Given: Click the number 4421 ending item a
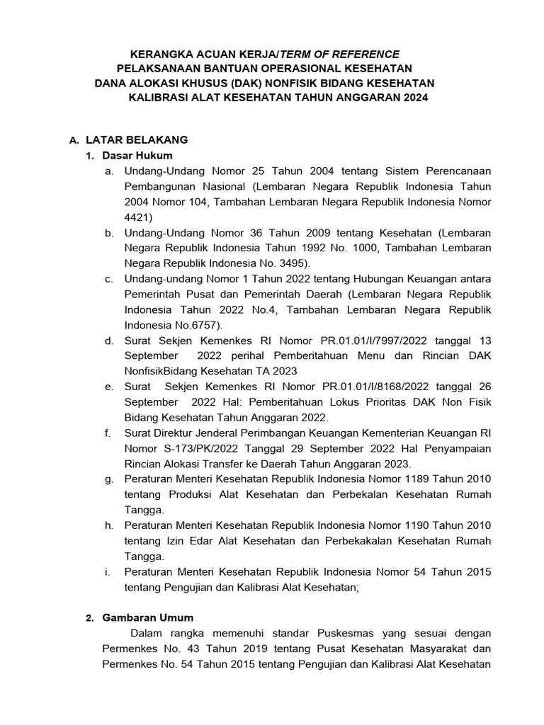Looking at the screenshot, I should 138,217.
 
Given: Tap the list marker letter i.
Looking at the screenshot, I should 108,572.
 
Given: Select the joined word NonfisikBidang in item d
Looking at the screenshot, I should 161,371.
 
